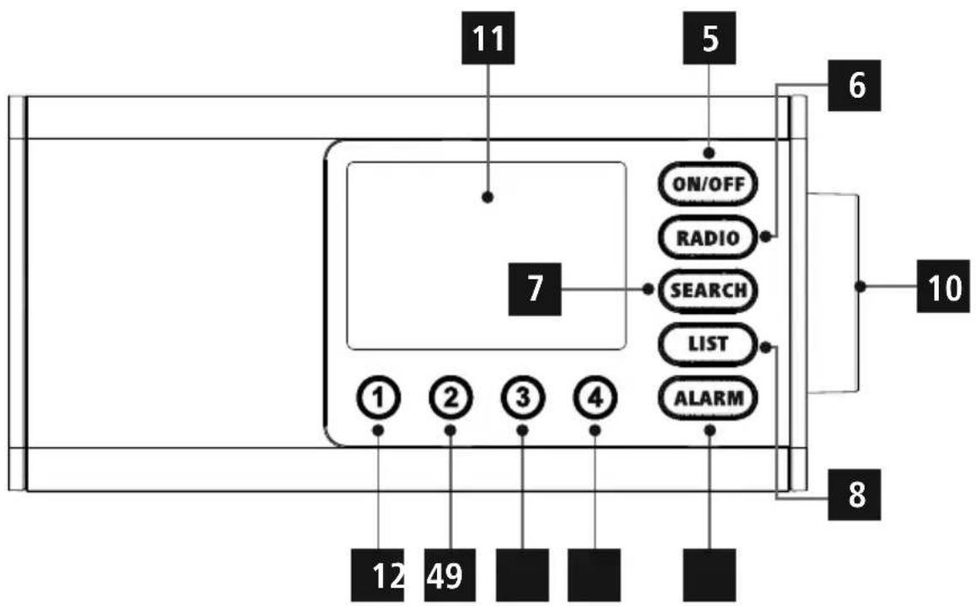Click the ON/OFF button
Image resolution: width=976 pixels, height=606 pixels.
(708, 184)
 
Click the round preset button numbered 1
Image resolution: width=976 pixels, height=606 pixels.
(378, 396)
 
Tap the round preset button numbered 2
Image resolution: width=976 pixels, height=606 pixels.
(450, 396)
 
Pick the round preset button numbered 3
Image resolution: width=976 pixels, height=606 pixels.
(522, 396)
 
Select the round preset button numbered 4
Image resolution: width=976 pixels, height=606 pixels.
(595, 396)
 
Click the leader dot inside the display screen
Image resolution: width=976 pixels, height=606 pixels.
(488, 197)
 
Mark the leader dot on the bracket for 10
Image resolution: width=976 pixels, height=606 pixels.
(860, 288)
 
